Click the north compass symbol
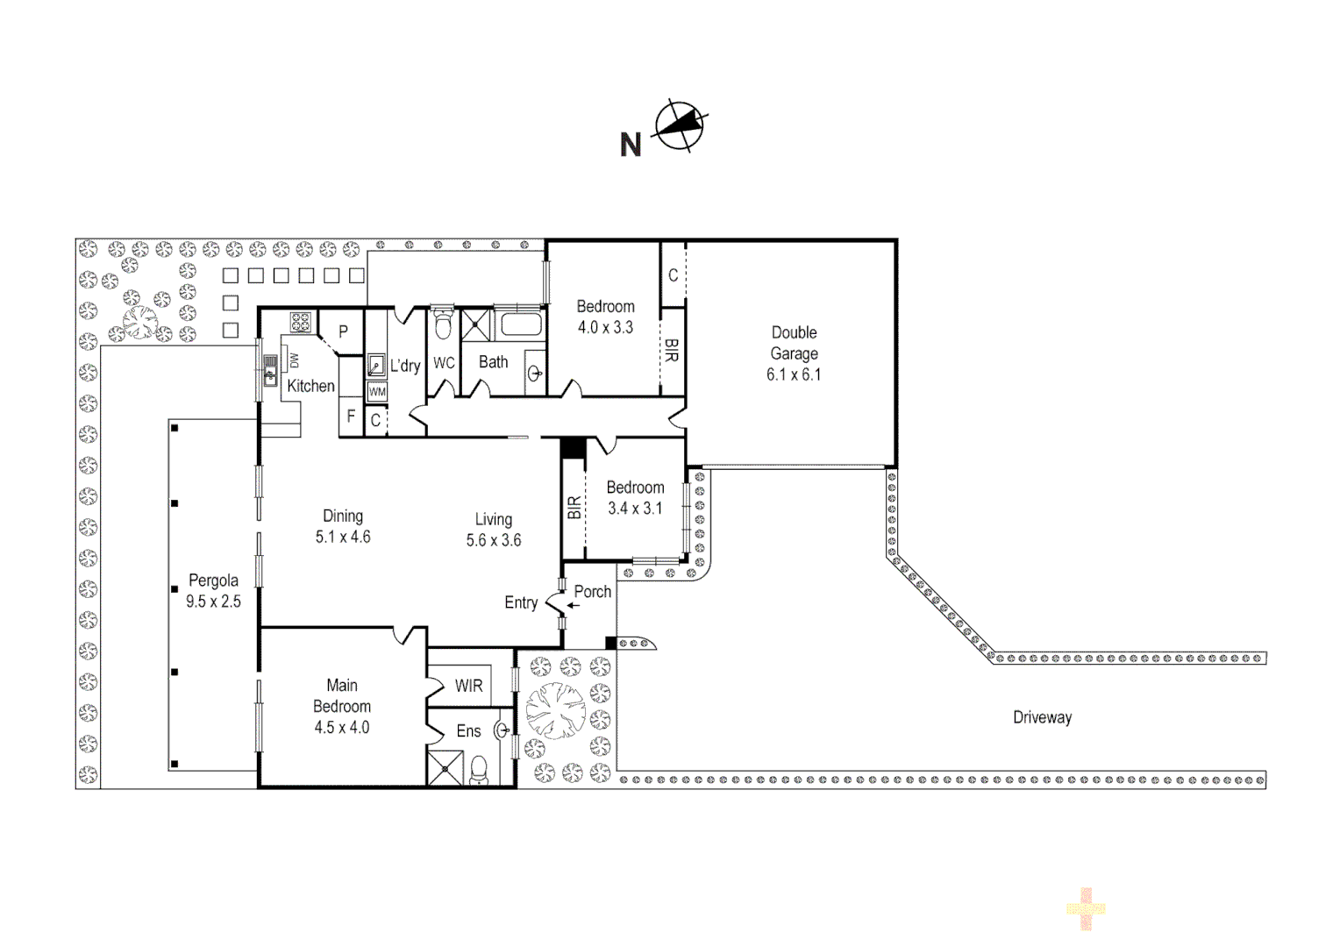[681, 126]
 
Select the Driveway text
[1042, 717]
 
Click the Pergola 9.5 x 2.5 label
[213, 591]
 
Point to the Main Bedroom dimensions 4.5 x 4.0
[342, 727]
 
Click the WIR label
[468, 686]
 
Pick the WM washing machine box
[377, 392]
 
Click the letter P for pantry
[344, 332]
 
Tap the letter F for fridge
[351, 417]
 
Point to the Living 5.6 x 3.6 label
[494, 530]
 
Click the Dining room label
[343, 516]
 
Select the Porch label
[593, 592]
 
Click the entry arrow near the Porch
[573, 605]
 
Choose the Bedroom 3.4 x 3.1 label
[635, 497]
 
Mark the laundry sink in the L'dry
[375, 365]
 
